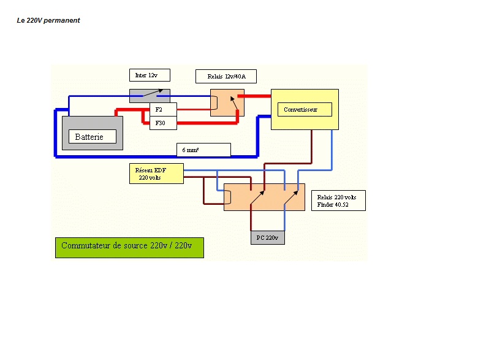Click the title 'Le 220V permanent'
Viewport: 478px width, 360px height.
coord(48,20)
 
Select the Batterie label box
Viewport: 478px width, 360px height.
coord(92,137)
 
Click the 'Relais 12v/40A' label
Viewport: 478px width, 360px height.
coord(226,76)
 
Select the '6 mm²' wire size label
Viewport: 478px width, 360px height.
coord(203,150)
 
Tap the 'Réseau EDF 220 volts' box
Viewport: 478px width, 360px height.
coord(156,174)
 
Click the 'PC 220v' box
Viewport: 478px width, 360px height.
coord(268,237)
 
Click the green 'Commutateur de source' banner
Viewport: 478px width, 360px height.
coord(129,247)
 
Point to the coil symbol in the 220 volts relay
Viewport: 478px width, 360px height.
coord(227,197)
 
